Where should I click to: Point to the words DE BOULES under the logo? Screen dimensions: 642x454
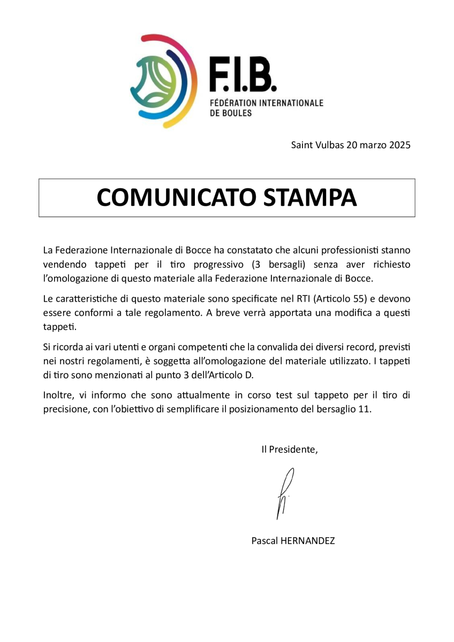(x=230, y=113)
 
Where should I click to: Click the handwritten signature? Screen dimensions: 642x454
(x=284, y=492)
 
